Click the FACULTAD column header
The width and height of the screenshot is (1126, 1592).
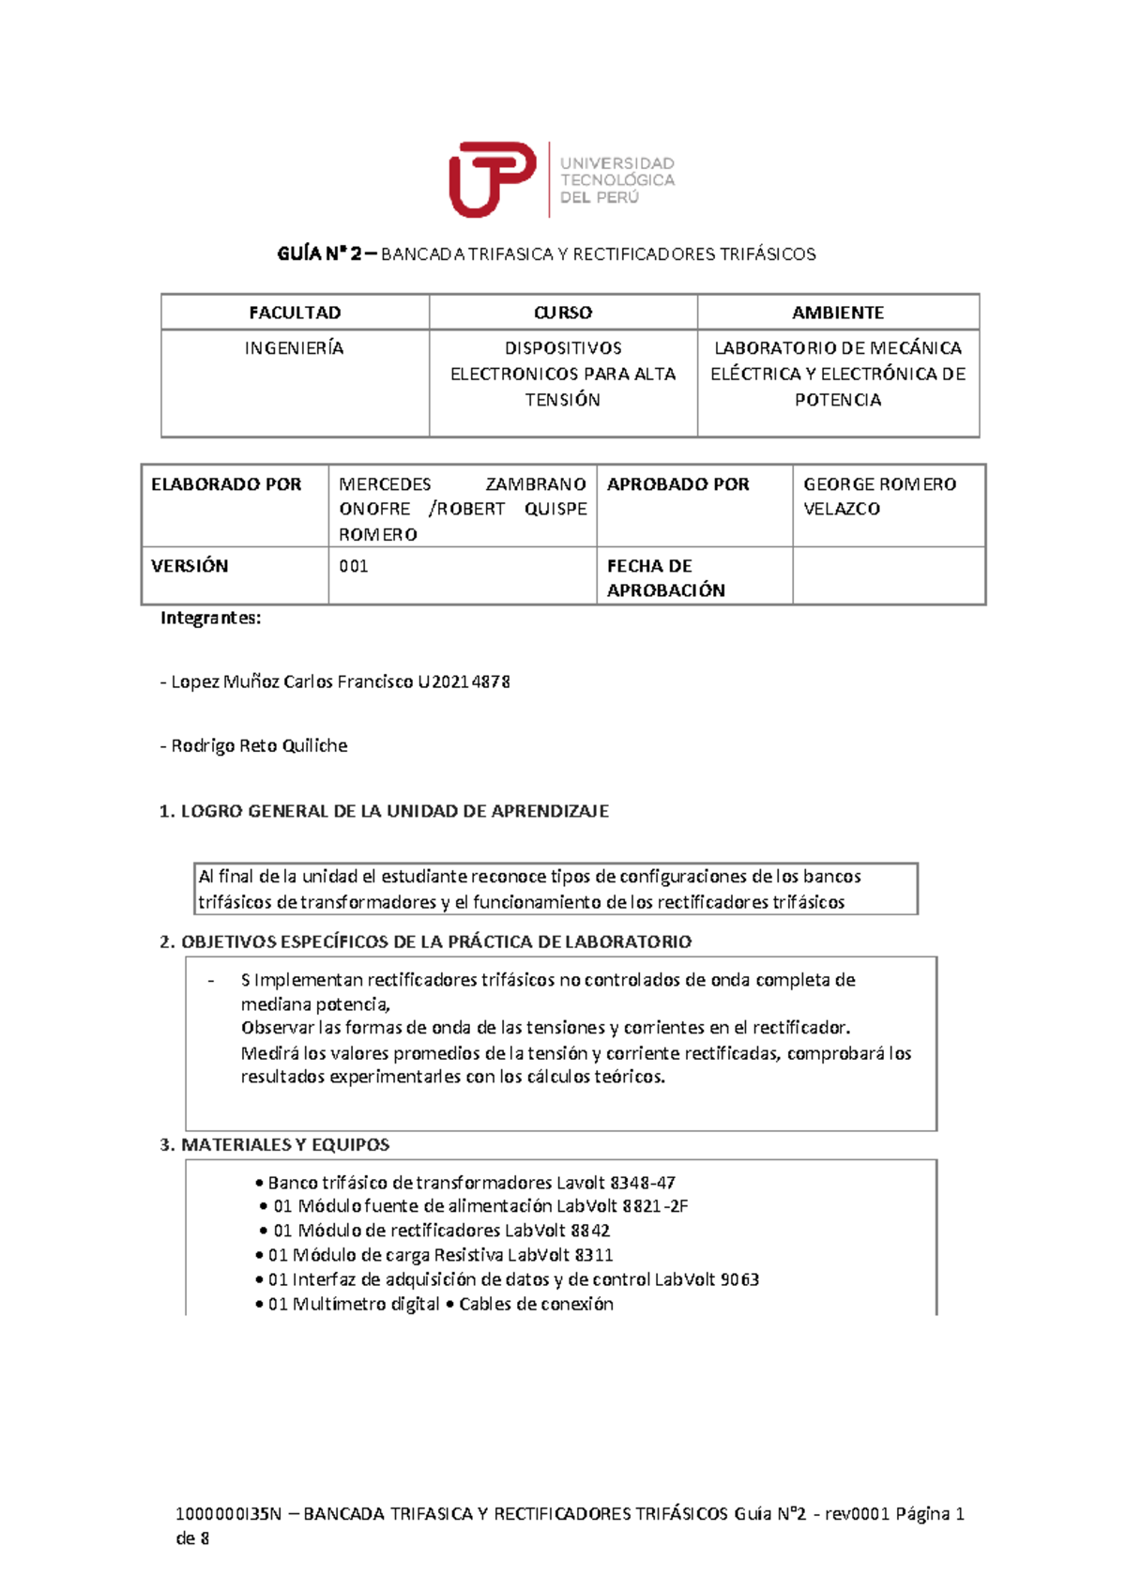[x=295, y=313]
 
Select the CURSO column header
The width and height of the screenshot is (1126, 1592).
[x=563, y=313]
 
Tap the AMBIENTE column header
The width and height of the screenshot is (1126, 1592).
[x=838, y=313]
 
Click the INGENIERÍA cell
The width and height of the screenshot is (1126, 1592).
[x=295, y=348]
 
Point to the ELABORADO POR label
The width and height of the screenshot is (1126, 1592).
[x=226, y=484]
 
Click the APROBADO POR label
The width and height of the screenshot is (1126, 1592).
[x=678, y=484]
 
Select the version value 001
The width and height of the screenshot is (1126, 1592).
[x=354, y=566]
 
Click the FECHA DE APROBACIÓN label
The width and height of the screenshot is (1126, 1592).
[x=665, y=578]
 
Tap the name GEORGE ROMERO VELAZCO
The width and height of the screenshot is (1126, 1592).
[x=879, y=497]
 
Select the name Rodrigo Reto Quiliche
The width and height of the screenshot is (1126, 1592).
[x=259, y=746]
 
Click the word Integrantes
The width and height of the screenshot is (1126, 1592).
[x=210, y=618]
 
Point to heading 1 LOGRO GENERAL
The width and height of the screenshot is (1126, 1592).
[x=385, y=811]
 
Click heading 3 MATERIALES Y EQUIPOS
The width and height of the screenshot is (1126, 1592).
[x=275, y=1145]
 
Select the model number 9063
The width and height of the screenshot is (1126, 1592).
[x=739, y=1279]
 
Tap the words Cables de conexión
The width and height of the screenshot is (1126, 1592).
[x=536, y=1304]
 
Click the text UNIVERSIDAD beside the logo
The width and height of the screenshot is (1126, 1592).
[x=617, y=163]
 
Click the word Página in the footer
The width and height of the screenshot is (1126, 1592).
[x=922, y=1513]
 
